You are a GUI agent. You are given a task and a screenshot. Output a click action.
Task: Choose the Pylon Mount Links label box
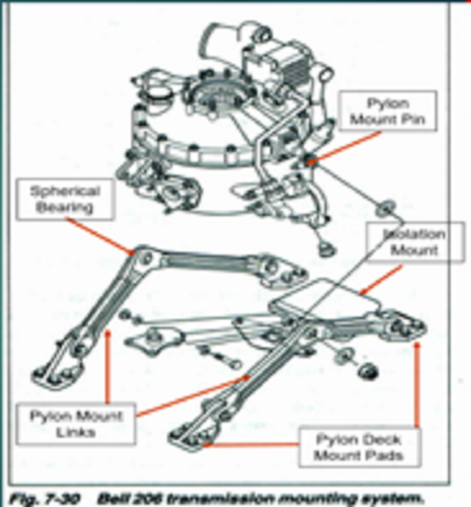click(x=77, y=423)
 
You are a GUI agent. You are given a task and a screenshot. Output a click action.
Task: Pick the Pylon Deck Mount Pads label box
click(x=359, y=448)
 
